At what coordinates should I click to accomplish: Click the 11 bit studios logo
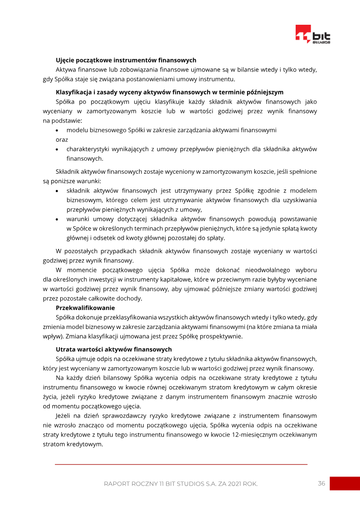click(x=313, y=35)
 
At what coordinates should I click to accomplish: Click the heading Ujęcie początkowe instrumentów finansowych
click(x=126, y=60)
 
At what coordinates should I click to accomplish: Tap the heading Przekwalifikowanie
click(x=85, y=308)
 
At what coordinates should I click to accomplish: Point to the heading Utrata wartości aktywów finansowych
click(x=113, y=349)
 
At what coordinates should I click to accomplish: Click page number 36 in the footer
click(x=321, y=483)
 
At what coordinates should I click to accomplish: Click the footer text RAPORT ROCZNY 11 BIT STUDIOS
click(x=180, y=484)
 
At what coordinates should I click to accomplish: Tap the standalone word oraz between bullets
click(x=62, y=140)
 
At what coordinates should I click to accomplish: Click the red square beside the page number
click(x=345, y=483)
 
